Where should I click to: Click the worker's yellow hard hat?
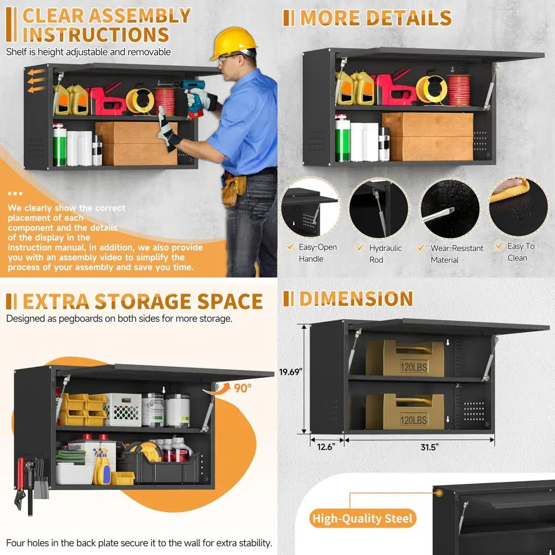click(x=233, y=43)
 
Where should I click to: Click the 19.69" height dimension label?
click(x=290, y=372)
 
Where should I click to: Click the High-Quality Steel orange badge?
click(x=363, y=519)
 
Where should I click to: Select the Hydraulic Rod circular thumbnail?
click(x=378, y=208)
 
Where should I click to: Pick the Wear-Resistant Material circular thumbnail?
click(x=449, y=208)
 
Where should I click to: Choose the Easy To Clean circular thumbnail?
click(x=518, y=205)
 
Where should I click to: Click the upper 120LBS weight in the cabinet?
click(x=405, y=358)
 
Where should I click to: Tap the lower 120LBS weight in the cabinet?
click(x=405, y=412)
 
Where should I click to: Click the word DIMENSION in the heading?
click(x=356, y=299)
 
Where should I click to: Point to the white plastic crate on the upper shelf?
click(x=122, y=410)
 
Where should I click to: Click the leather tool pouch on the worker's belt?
click(x=234, y=189)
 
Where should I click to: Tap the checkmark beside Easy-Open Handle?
click(x=290, y=247)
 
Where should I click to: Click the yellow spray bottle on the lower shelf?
click(x=103, y=468)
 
